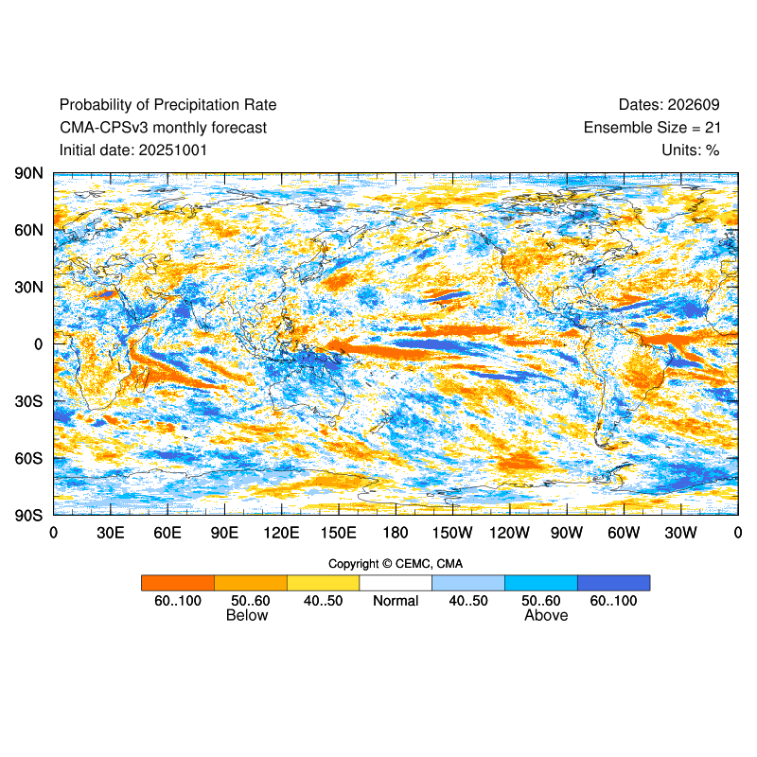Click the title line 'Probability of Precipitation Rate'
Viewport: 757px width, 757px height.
(167, 105)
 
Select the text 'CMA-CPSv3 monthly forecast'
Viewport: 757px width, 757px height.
(163, 128)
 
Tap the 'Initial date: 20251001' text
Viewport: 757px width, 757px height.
(133, 150)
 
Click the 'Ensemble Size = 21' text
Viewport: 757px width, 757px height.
(652, 128)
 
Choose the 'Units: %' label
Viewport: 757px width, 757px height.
(691, 150)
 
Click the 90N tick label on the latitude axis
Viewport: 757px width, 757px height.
(28, 173)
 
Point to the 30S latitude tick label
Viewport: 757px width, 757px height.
(28, 401)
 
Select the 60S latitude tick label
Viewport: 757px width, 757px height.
(28, 459)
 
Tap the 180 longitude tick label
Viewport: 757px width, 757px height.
(396, 533)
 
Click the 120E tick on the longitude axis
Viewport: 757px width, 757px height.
(281, 533)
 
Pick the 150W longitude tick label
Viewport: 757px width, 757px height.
(452, 533)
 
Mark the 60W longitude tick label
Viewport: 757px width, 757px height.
(624, 533)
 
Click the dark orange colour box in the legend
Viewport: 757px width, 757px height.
(178, 583)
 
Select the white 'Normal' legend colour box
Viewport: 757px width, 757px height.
(396, 583)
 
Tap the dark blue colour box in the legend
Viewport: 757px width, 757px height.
(613, 583)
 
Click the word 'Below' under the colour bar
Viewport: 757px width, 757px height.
(247, 616)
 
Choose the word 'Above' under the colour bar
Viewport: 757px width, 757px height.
(546, 616)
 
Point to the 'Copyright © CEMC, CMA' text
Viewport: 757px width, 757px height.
(396, 564)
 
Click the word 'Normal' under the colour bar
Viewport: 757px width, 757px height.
(396, 601)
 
